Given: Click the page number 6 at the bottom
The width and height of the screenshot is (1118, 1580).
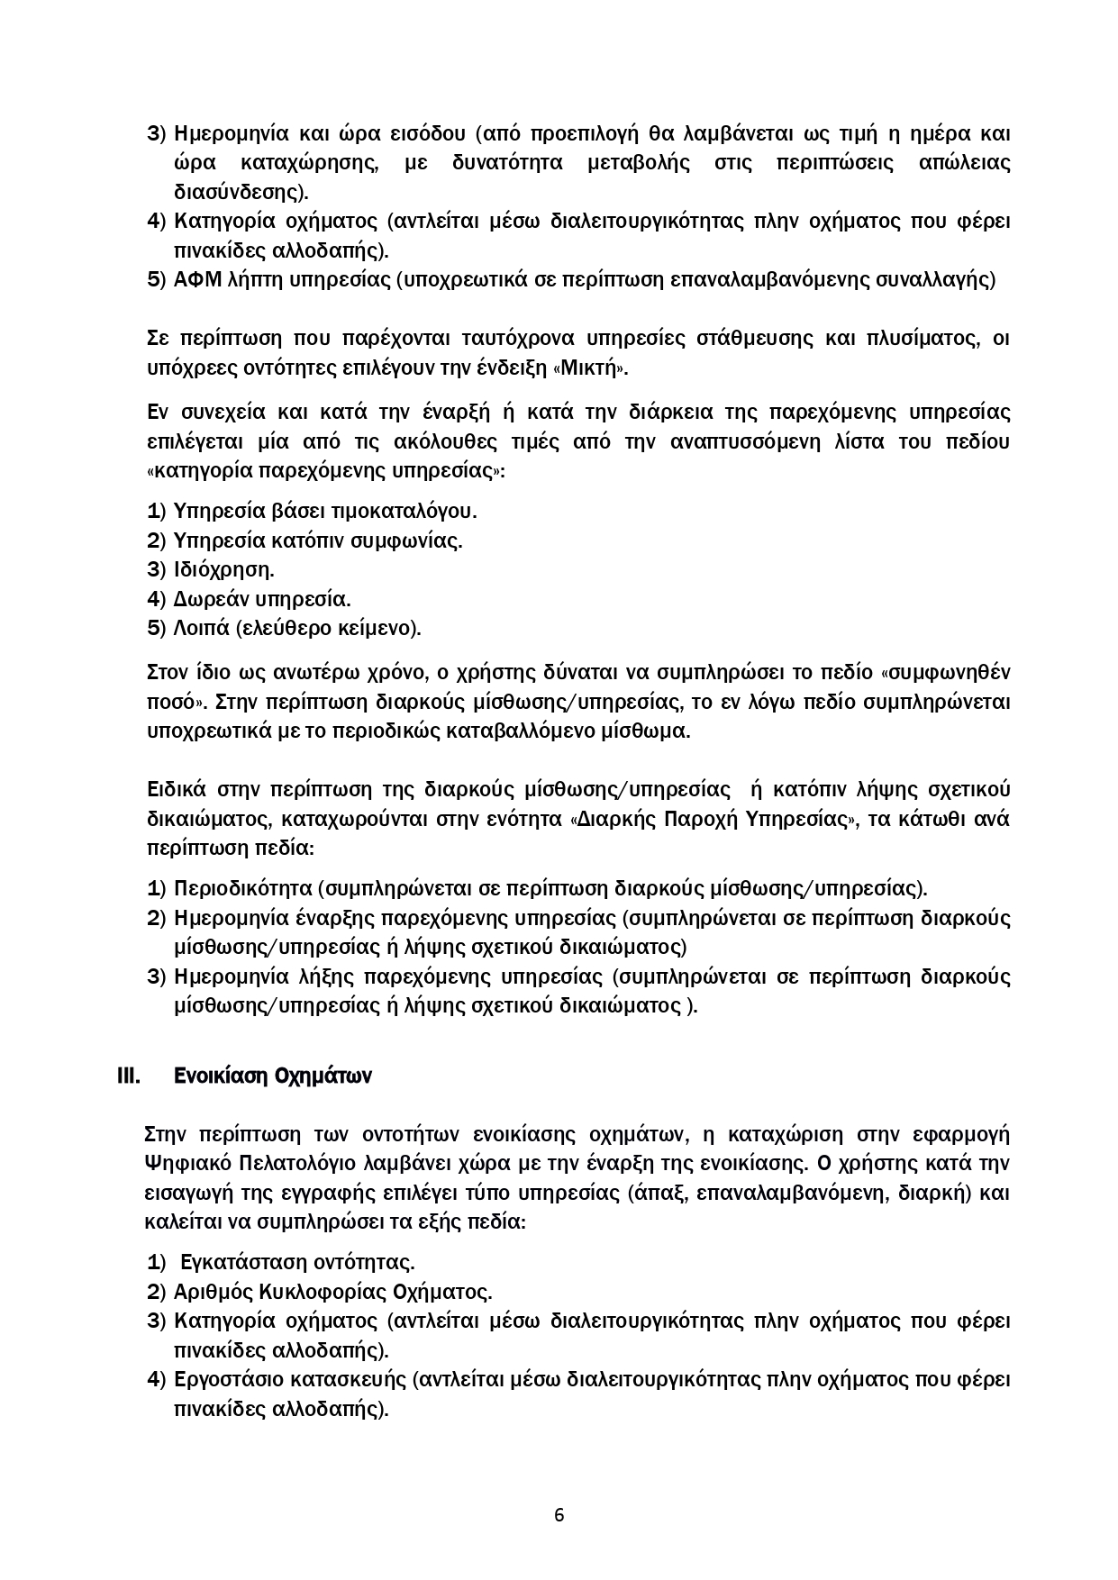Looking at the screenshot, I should pos(559,1514).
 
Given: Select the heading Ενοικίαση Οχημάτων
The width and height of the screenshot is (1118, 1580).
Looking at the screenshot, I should pos(272,1076).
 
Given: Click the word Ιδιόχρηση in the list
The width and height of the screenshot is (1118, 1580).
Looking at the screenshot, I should pos(223,570).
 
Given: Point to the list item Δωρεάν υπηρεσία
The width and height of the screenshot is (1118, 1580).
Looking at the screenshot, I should pos(261,599).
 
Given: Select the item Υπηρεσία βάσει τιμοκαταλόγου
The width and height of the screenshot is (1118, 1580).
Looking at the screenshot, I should pos(324,512).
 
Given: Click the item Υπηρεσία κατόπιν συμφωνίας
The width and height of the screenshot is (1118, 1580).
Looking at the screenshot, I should pos(317,541).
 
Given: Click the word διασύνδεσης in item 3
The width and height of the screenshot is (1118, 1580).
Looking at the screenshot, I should pos(238,192).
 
